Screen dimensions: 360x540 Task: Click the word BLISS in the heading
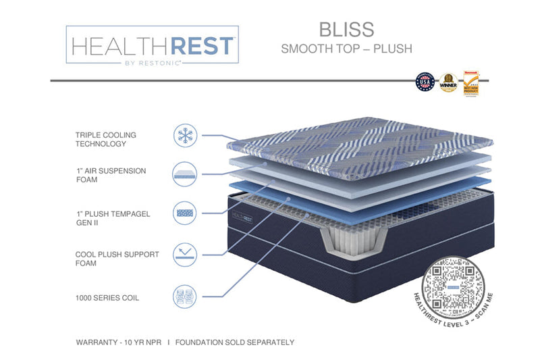[x=346, y=29]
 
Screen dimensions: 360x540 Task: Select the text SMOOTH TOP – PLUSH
[x=346, y=49]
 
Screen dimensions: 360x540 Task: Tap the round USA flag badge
[x=425, y=83]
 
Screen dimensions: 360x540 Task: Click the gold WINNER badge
[x=448, y=83]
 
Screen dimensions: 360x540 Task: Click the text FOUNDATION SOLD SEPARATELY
[x=235, y=342]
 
